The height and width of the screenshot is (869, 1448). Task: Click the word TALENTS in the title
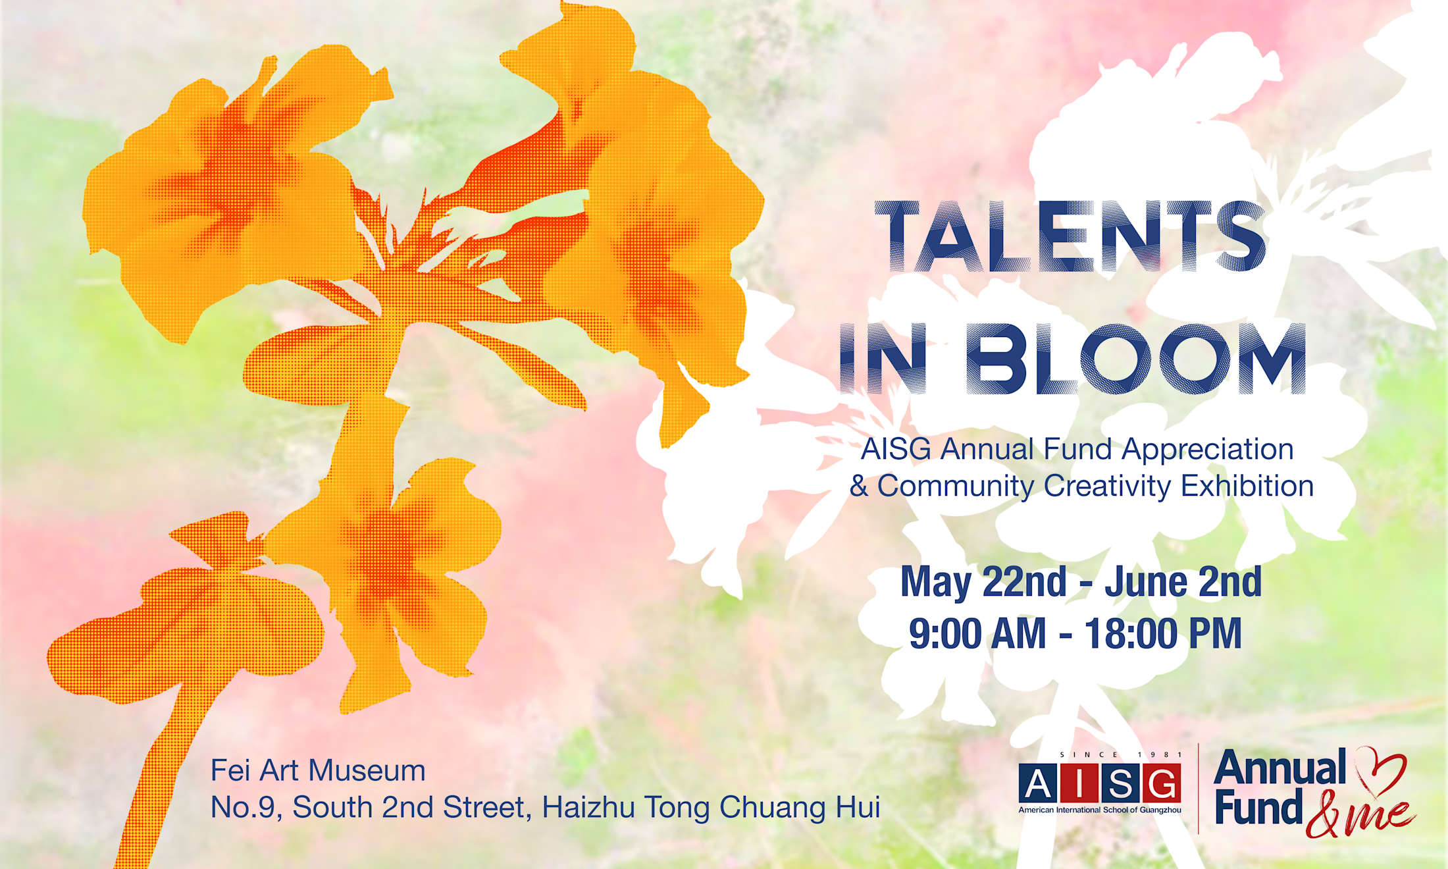point(1070,237)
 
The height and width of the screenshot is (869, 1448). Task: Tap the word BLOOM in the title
point(1137,359)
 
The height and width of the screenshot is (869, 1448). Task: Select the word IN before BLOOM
point(884,359)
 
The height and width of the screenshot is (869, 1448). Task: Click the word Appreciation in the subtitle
point(1208,450)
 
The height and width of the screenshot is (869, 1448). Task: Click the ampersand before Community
point(859,486)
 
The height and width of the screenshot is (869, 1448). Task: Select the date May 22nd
point(983,582)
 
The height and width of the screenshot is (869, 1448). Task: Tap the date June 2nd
point(1183,582)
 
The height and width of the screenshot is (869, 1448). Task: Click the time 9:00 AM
point(977,633)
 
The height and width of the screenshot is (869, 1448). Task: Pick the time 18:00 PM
point(1163,633)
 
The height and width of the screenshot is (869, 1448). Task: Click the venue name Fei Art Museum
point(318,770)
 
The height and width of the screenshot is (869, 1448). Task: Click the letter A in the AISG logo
point(1038,784)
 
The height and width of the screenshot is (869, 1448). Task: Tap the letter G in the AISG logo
point(1161,784)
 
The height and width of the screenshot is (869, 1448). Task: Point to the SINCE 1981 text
point(1121,754)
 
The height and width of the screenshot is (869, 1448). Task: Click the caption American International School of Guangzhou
point(1100,810)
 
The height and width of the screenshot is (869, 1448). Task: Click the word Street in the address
point(486,808)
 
